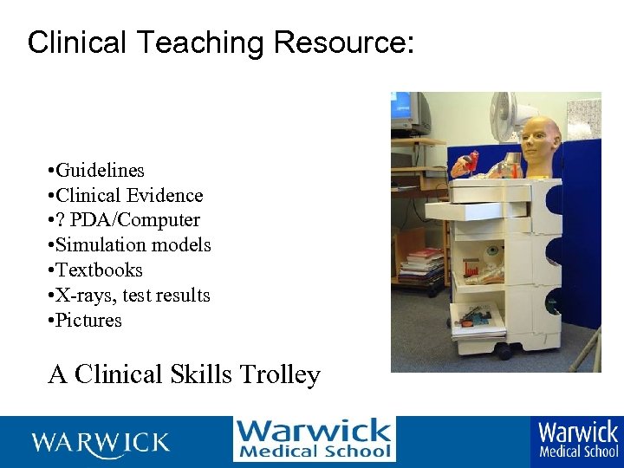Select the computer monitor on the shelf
point(410,113)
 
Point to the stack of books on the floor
point(423,265)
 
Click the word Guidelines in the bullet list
point(100,170)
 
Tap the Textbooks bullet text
point(99,270)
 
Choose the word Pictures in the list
point(89,321)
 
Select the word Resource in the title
point(341,42)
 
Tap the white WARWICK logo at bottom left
point(101,443)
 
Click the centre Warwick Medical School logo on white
point(314,439)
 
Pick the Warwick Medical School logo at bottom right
point(578,439)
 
